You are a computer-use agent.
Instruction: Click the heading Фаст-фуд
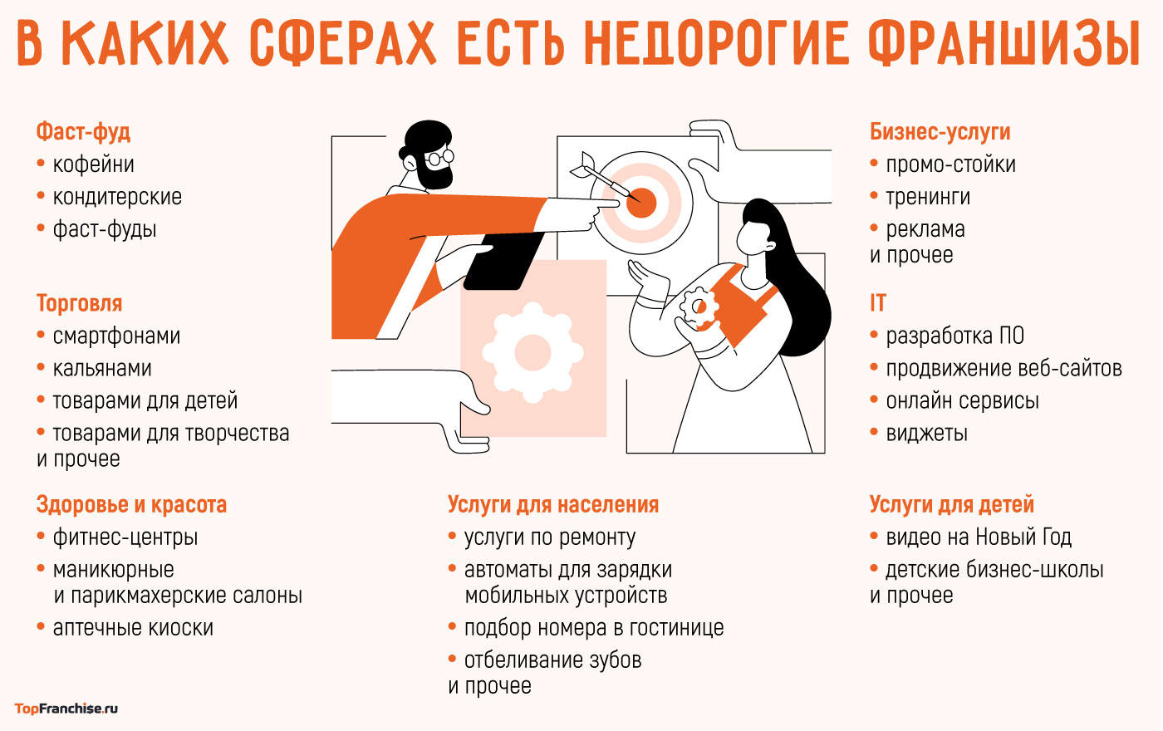[x=83, y=132]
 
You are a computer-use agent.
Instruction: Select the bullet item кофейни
[x=93, y=164]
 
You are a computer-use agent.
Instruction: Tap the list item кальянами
[x=101, y=368]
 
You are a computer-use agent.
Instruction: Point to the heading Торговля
[x=79, y=303]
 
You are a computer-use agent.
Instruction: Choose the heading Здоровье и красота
[x=131, y=505]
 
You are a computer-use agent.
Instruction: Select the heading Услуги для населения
[x=552, y=505]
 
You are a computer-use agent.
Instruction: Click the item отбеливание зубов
[x=552, y=660]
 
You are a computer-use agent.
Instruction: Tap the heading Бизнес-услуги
[x=940, y=132]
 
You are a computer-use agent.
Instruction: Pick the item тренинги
[x=927, y=197]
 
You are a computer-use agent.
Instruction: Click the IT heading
[x=878, y=303]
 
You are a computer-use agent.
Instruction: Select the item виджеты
[x=926, y=433]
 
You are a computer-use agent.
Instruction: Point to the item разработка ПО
[x=954, y=336]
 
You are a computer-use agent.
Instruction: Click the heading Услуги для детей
[x=951, y=505]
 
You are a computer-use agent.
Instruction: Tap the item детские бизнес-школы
[x=994, y=570]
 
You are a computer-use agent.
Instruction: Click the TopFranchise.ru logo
[x=66, y=709]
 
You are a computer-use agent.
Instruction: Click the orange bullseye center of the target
[x=641, y=202]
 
